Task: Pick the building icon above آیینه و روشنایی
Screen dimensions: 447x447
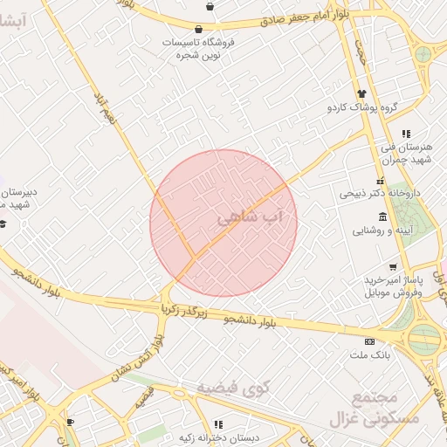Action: [382, 217]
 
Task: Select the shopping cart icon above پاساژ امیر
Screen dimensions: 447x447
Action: [394, 266]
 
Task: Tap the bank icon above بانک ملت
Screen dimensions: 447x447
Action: [369, 340]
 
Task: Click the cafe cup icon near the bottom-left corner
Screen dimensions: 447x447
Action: [70, 423]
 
